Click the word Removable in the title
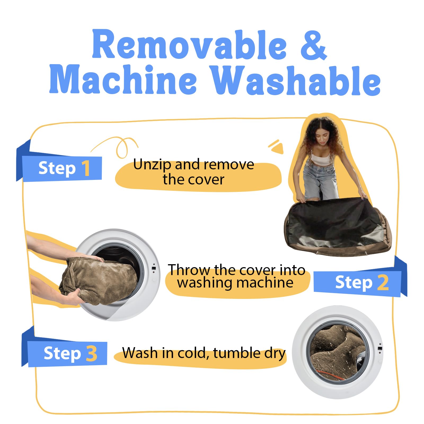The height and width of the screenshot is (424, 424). [x=189, y=44]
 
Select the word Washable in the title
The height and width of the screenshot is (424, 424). [x=296, y=80]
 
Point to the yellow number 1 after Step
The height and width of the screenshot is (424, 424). [x=86, y=168]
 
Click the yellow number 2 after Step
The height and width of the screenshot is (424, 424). [x=383, y=282]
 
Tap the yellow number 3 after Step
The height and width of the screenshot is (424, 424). [x=92, y=353]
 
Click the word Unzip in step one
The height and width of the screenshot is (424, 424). [x=152, y=165]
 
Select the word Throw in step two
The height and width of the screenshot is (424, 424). [x=189, y=270]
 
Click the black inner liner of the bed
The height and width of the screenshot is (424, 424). [x=333, y=220]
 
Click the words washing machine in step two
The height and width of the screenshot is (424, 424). [x=236, y=283]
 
